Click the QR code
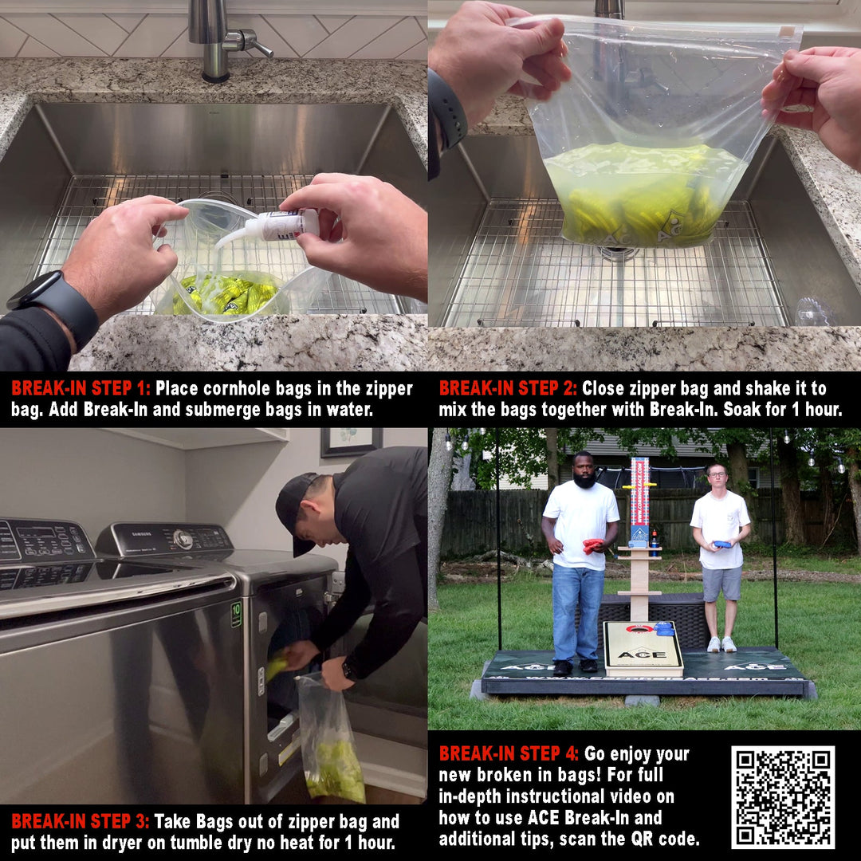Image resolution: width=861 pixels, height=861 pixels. (x=783, y=796)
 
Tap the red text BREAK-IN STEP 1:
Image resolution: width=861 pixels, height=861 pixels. (x=81, y=388)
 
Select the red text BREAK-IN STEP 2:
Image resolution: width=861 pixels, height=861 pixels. (x=508, y=388)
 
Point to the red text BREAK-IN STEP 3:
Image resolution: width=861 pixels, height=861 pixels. (x=81, y=821)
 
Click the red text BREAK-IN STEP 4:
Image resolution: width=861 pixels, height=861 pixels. (x=508, y=753)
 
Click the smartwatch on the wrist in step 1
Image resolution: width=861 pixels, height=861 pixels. (x=54, y=308)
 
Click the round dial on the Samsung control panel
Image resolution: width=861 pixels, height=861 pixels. (x=183, y=539)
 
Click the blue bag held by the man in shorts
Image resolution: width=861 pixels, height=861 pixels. (x=721, y=545)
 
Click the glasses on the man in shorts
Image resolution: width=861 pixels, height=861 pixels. (x=717, y=474)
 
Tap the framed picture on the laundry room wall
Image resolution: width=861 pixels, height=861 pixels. (x=352, y=441)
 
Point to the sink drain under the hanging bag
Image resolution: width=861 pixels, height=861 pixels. (x=618, y=254)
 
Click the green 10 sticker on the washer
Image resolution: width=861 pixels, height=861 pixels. (x=236, y=614)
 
